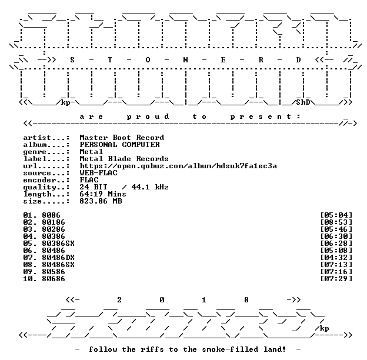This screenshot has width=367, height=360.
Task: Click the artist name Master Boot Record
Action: tap(122, 138)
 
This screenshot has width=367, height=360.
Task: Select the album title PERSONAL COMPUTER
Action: tap(119, 145)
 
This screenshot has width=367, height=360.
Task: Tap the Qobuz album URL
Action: tap(178, 166)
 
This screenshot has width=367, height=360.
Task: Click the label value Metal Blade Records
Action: tap(124, 159)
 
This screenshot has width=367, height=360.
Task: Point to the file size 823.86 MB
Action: tap(101, 201)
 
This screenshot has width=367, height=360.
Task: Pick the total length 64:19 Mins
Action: tap(103, 194)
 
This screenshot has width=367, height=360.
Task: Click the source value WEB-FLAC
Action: tap(99, 173)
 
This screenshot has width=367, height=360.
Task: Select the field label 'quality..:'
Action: tap(46, 188)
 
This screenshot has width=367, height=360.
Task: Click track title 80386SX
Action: tap(58, 244)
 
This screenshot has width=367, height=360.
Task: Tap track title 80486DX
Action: tap(58, 258)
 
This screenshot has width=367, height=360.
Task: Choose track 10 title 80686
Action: tap(54, 279)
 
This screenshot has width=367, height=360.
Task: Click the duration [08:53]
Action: tap(336, 222)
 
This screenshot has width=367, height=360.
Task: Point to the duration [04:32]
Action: tap(336, 258)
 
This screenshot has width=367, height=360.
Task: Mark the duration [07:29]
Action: tap(336, 279)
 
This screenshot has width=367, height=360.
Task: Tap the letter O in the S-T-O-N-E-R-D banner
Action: tap(148, 60)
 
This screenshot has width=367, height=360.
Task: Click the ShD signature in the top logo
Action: tap(303, 102)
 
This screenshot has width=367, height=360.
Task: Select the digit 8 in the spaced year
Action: tap(246, 300)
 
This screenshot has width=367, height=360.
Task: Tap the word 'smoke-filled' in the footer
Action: tap(230, 349)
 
